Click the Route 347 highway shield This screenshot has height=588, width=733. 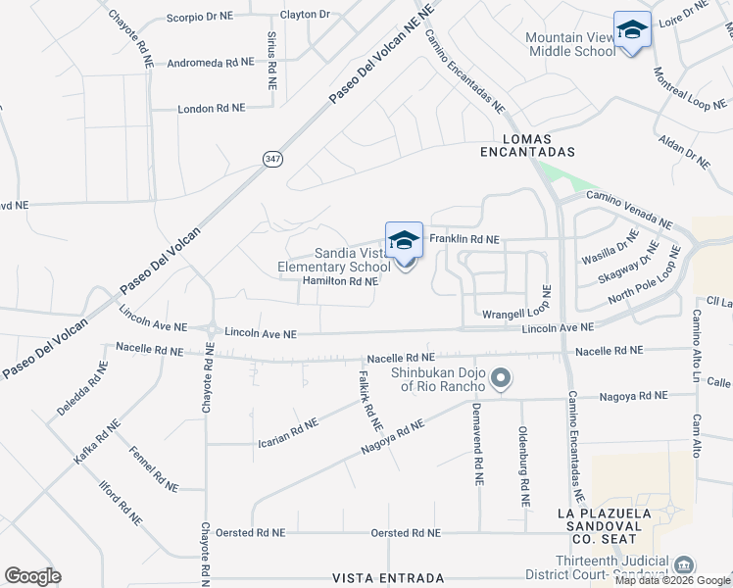[272, 158]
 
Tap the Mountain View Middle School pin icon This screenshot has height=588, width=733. [632, 31]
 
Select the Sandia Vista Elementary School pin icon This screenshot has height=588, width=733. [404, 241]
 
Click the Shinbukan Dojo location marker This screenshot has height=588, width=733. [502, 378]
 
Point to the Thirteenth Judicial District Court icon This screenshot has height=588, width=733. [685, 564]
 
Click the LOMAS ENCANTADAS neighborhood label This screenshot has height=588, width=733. [527, 145]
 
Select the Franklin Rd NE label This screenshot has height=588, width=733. [464, 239]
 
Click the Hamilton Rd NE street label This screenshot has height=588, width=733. [340, 281]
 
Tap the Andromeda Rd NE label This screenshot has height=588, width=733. [211, 62]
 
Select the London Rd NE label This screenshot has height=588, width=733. [218, 109]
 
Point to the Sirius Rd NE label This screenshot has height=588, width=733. [271, 59]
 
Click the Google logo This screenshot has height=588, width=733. [32, 576]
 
